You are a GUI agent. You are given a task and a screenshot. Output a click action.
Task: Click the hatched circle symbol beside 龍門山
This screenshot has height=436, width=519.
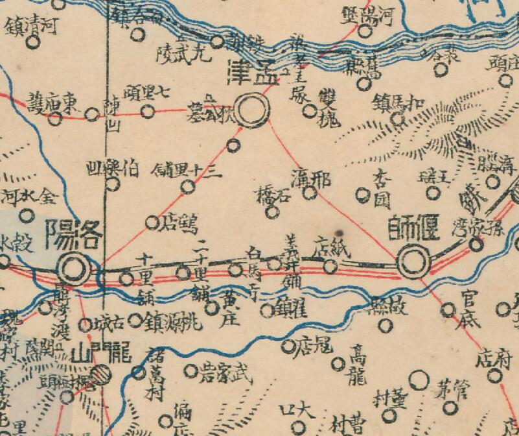(x=100, y=374)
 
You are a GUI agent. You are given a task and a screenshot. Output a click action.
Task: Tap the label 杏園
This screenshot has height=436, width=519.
(x=380, y=188)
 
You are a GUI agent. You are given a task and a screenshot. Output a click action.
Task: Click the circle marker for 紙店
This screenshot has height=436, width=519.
(x=330, y=265)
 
